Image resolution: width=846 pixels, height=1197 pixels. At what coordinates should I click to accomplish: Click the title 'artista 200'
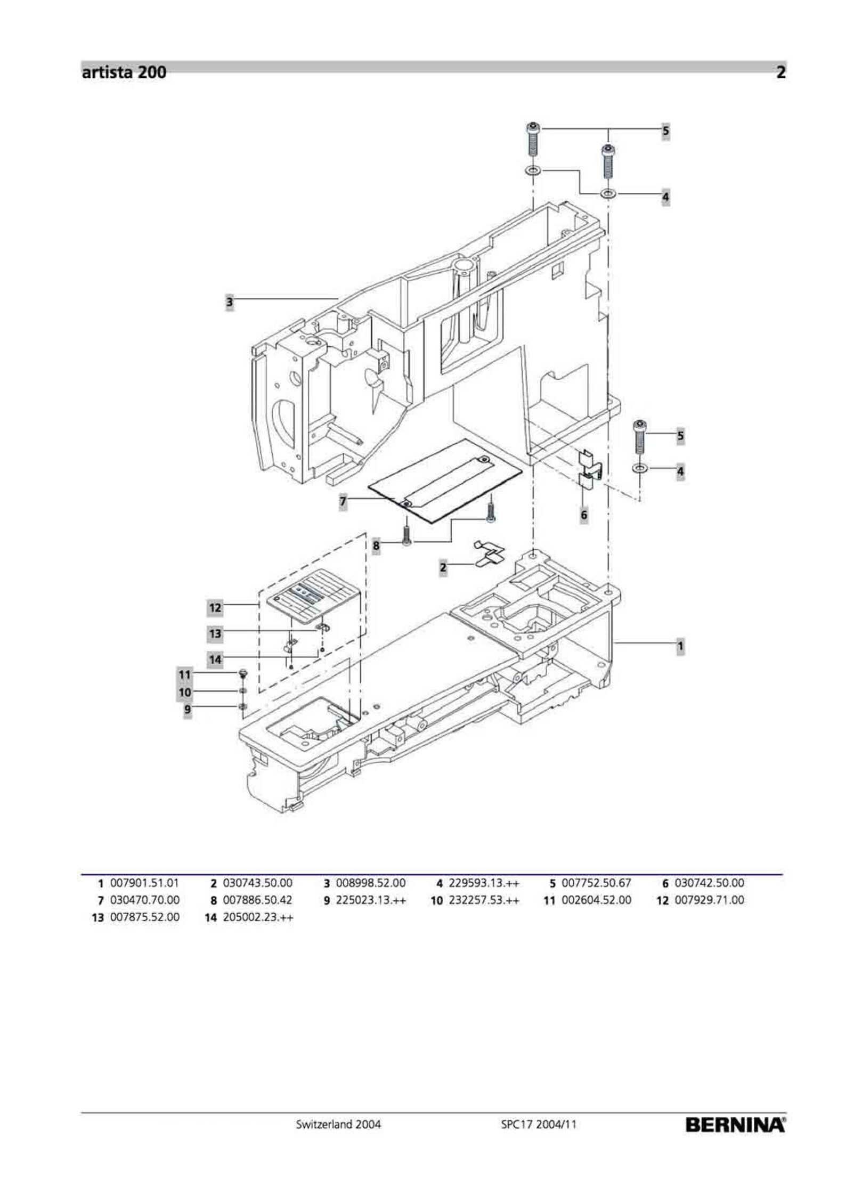(124, 72)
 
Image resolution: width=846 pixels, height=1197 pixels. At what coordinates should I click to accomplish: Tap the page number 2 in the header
(780, 72)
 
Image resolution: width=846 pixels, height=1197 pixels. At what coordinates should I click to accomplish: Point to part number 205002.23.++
(258, 917)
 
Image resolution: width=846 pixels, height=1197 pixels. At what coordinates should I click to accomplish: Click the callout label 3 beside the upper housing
(229, 303)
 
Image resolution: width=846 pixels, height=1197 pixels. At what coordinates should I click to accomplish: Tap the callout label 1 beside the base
(680, 647)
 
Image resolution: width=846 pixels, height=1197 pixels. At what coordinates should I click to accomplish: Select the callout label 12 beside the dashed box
(215, 608)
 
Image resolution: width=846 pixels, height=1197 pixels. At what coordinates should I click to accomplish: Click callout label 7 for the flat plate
(343, 501)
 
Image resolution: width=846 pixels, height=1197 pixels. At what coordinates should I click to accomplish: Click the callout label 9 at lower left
(187, 710)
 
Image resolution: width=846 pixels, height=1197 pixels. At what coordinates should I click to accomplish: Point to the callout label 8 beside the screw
(376, 545)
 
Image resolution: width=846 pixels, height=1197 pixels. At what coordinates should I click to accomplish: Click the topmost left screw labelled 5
(532, 139)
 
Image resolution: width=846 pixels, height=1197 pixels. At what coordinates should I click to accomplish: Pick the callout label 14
(215, 659)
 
